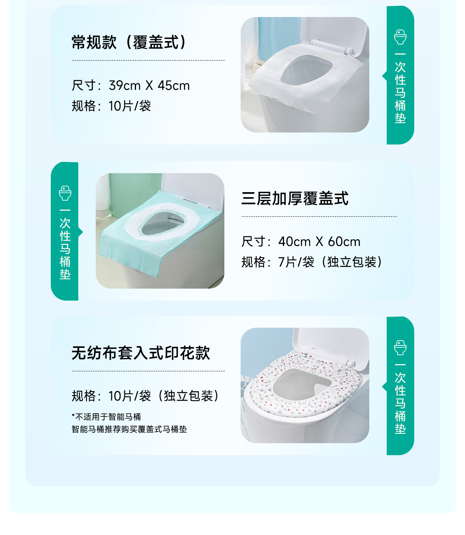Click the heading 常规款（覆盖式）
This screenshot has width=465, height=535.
pyautogui.click(x=130, y=42)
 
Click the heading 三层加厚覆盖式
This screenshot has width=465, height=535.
pyautogui.click(x=295, y=198)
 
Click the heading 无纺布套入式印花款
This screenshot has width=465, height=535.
pyautogui.click(x=141, y=353)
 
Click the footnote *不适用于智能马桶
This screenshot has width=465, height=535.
pyautogui.click(x=106, y=417)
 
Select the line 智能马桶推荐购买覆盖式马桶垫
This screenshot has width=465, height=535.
pyautogui.click(x=129, y=429)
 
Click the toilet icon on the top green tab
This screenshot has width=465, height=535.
pyautogui.click(x=400, y=37)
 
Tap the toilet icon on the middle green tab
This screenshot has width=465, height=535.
pyautogui.click(x=65, y=193)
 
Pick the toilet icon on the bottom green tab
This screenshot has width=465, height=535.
pyautogui.click(x=400, y=347)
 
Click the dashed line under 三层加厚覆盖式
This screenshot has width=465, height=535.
pyautogui.click(x=319, y=217)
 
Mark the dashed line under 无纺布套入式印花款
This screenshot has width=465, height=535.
pyautogui.click(x=148, y=371)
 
